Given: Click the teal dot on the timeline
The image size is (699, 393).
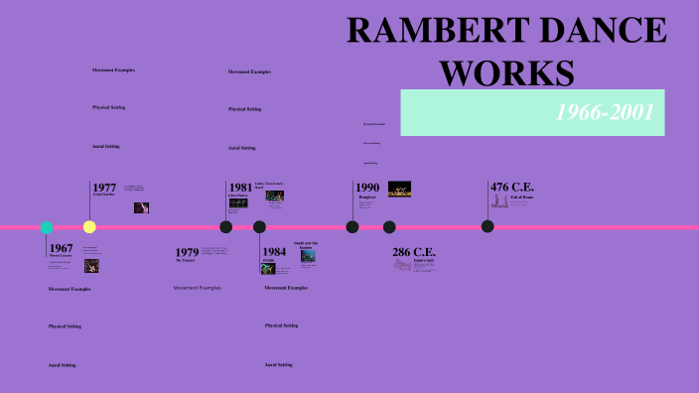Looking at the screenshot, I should [47, 227].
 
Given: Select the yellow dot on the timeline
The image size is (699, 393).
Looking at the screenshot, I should [89, 227].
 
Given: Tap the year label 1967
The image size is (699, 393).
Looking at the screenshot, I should [61, 248].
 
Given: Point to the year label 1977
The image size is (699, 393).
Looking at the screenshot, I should [104, 188].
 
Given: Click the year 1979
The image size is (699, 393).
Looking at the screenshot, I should [187, 253].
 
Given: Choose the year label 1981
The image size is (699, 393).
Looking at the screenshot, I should [240, 188].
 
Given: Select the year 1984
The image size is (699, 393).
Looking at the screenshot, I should [275, 251].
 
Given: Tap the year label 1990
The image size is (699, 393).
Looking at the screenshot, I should [367, 188].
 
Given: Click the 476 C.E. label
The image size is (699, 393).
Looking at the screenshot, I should [512, 187].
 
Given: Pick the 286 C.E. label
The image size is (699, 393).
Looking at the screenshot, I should [414, 252].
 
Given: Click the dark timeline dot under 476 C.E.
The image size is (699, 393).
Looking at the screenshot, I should [488, 226].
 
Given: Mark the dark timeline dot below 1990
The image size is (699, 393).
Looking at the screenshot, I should [352, 227].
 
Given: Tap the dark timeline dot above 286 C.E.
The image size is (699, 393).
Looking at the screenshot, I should [389, 227].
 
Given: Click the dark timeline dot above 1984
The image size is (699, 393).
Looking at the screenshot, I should [259, 227].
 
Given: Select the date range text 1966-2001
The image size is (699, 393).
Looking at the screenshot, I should [604, 113].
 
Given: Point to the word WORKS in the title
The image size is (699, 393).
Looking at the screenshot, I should [506, 72].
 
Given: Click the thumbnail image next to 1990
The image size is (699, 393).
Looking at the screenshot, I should [399, 189].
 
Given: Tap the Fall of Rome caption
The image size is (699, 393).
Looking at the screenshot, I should [523, 198].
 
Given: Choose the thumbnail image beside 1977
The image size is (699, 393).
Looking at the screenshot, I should [142, 207].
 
